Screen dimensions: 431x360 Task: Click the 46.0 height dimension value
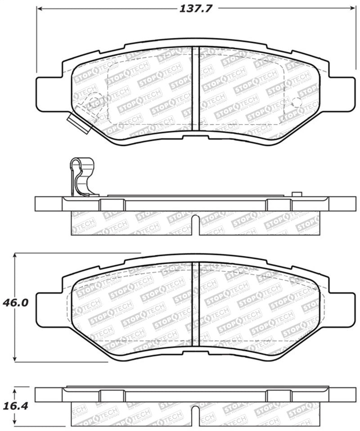(16, 303)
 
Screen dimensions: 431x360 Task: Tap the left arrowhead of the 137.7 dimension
(39, 9)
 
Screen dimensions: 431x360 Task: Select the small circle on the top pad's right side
(297, 102)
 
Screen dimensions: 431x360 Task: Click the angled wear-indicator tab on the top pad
(76, 123)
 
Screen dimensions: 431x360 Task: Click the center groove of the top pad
(195, 88)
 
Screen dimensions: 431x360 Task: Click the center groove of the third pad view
(195, 304)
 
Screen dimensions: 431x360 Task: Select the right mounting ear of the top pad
(342, 94)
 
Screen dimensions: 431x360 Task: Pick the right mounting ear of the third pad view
(342, 309)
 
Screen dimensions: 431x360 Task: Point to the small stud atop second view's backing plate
(296, 194)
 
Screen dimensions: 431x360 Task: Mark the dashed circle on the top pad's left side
(94, 101)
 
